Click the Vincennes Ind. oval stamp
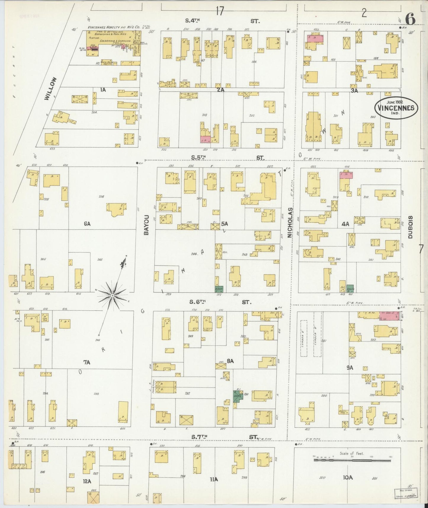point(396,108)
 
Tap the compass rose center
point(113,295)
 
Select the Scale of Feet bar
point(352,461)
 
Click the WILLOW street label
point(50,89)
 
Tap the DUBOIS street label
point(410,227)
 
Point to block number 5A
point(224,224)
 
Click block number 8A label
point(230,361)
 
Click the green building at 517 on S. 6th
point(219,289)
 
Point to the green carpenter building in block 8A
point(237,396)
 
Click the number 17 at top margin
point(219,11)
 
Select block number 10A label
point(348,477)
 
